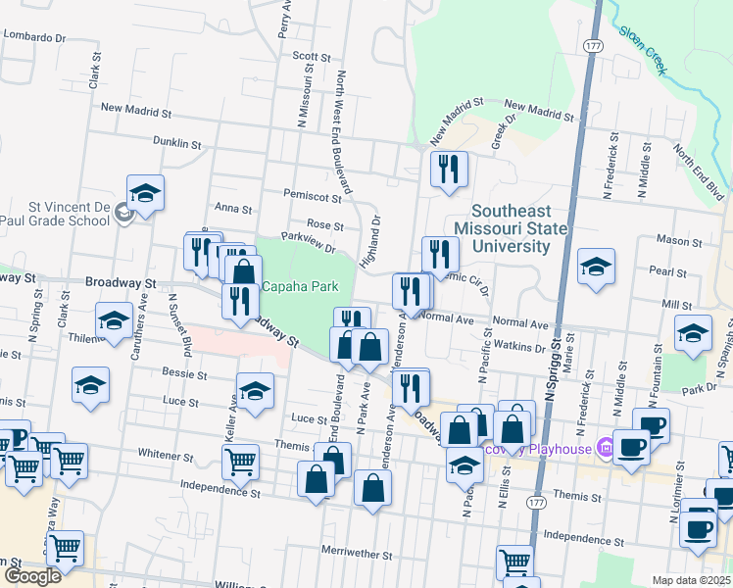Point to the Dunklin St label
[x=176, y=143]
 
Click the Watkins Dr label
[x=519, y=347]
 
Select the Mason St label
[x=673, y=239]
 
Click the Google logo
[x=31, y=576]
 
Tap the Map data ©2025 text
[x=691, y=580]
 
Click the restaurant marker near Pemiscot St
[x=449, y=169]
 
